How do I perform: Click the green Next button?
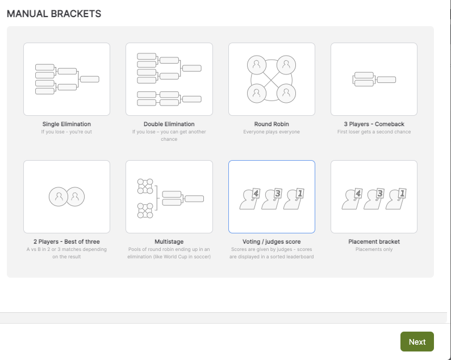(417, 342)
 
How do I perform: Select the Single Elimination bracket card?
(66, 79)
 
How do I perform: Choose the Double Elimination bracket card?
(169, 79)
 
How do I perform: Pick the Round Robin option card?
(272, 79)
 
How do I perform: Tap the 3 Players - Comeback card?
(374, 79)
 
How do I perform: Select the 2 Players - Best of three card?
(66, 196)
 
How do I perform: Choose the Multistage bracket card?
(169, 196)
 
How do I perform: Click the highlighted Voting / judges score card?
(272, 196)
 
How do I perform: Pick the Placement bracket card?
(374, 196)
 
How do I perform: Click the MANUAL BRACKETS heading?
(54, 14)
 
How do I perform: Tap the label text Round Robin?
(272, 124)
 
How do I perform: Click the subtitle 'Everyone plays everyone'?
(272, 132)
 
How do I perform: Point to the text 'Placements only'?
(374, 249)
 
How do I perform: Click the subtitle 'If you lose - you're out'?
(66, 132)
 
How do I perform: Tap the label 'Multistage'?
(169, 241)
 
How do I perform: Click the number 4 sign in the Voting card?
(256, 194)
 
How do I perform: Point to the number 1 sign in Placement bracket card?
(402, 194)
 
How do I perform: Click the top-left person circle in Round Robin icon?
(257, 65)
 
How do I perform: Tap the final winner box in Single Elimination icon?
(90, 79)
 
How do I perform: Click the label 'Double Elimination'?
(169, 124)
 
